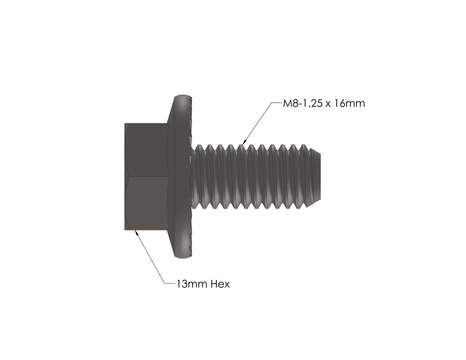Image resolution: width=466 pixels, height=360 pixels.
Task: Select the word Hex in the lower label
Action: point(220,284)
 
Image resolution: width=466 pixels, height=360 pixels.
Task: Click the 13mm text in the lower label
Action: point(191,284)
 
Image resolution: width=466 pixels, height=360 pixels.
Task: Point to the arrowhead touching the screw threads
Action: point(244,142)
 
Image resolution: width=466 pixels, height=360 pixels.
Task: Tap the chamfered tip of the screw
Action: point(316,177)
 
